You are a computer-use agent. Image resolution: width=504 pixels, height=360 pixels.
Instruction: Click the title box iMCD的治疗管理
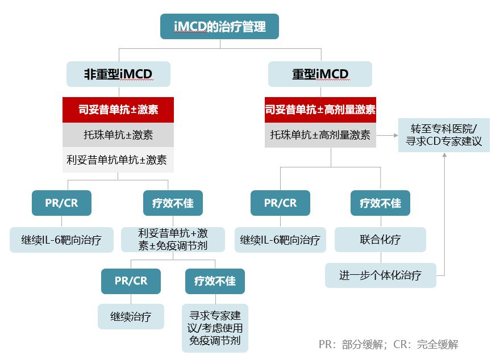click(x=219, y=26)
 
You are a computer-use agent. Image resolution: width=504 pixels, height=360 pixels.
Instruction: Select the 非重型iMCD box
click(x=118, y=74)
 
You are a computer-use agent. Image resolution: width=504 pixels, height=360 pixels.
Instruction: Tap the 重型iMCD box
click(x=320, y=74)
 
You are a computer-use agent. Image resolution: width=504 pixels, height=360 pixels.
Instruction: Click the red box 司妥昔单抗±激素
click(x=118, y=110)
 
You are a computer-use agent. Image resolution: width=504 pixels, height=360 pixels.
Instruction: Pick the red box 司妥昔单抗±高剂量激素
click(x=320, y=110)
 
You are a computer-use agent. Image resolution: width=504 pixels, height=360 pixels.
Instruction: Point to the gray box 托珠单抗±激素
click(x=118, y=135)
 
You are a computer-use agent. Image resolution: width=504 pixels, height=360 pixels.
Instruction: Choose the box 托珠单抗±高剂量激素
click(x=320, y=135)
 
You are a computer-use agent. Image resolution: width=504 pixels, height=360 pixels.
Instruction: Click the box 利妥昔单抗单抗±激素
click(x=118, y=160)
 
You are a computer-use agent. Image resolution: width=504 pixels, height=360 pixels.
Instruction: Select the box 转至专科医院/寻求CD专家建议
click(x=444, y=135)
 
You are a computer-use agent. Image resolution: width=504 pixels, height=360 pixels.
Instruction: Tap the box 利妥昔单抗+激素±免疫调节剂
click(x=173, y=240)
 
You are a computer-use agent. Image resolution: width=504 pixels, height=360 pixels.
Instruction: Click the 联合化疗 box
click(x=380, y=240)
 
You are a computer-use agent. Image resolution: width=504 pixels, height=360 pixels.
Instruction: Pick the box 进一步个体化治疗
click(x=381, y=275)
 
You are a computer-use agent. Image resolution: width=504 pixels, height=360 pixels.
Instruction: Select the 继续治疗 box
click(x=131, y=317)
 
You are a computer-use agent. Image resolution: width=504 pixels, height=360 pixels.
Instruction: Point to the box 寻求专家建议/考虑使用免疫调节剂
click(x=215, y=328)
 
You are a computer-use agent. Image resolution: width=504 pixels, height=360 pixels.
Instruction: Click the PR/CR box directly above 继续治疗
click(x=131, y=281)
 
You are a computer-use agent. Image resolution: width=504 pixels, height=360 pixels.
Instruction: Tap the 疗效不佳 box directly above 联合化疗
click(x=380, y=203)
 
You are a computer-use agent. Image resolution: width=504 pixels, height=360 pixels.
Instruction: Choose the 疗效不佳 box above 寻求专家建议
click(x=215, y=281)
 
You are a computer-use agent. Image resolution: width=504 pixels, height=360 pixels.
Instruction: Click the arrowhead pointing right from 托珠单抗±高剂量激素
click(x=396, y=135)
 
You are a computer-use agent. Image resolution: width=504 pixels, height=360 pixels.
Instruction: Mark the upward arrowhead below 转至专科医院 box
click(x=444, y=154)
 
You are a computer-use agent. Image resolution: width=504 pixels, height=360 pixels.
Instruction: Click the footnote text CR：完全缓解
click(x=426, y=345)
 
